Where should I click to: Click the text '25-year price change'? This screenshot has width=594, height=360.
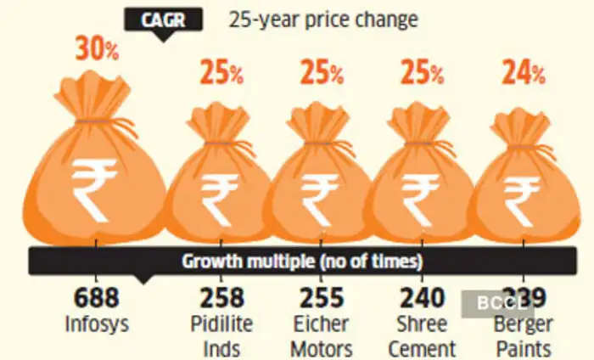[x=323, y=19]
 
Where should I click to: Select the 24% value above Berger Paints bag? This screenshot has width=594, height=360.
[x=521, y=74]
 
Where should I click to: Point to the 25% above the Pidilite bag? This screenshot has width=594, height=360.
[x=221, y=74]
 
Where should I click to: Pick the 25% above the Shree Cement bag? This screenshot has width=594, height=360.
[x=420, y=74]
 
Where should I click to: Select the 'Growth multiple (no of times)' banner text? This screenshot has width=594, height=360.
[x=303, y=260]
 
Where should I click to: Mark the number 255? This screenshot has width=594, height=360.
[x=322, y=298]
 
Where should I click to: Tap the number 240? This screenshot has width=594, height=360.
[x=422, y=298]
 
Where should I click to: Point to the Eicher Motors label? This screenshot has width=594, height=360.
[x=322, y=335]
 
